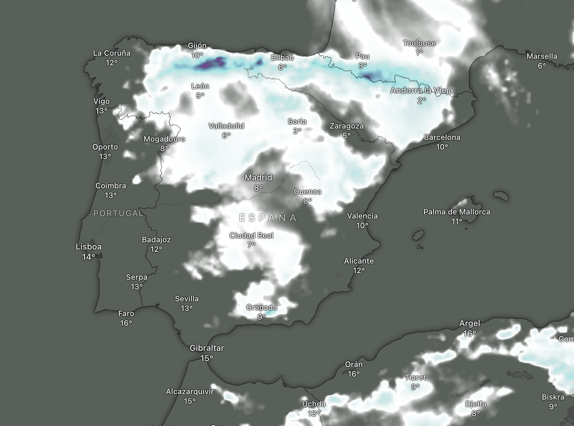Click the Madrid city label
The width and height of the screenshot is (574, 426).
(x=258, y=178)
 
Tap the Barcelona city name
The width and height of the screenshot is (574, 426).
(x=442, y=137)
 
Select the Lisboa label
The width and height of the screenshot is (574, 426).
(x=89, y=247)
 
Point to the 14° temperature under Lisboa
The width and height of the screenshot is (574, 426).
(x=89, y=257)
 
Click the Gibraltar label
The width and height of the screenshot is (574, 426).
(x=207, y=348)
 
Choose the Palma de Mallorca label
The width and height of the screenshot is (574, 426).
(x=457, y=212)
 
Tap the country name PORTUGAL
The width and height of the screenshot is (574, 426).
(x=118, y=213)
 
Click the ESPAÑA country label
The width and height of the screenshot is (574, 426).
(x=268, y=218)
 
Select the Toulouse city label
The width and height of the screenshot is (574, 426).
(x=419, y=43)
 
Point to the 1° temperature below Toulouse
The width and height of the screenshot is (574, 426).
(x=419, y=53)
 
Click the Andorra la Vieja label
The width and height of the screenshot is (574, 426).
(x=422, y=91)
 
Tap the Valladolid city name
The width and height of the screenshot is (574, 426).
(x=226, y=126)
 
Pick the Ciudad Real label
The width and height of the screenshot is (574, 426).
(x=251, y=236)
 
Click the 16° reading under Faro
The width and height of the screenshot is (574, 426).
(x=126, y=323)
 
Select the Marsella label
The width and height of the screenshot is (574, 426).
(x=542, y=56)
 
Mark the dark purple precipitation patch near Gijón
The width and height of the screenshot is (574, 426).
(x=211, y=64)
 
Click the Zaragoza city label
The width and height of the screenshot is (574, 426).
(x=346, y=126)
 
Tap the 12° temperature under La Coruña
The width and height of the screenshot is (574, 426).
(x=112, y=63)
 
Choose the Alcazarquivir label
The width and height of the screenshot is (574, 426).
(x=190, y=392)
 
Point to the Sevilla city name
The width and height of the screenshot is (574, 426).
(x=187, y=299)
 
